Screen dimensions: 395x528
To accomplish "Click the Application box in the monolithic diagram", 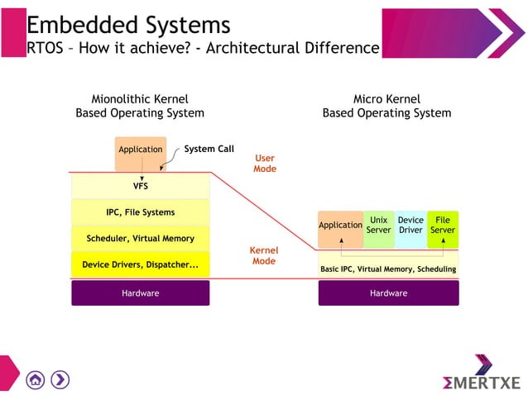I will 140,150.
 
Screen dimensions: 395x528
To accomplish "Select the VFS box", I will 140,186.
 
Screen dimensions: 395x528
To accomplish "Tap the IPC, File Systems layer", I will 140,212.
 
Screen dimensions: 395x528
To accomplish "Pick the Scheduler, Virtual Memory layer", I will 140,239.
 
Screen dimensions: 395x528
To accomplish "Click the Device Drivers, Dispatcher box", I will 140,265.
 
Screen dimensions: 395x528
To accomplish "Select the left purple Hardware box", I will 140,293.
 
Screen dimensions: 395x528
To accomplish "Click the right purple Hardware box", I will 388,293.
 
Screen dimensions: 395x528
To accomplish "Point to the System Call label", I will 209,150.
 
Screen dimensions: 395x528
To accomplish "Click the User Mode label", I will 264,164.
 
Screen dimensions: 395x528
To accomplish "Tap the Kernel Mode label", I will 264,255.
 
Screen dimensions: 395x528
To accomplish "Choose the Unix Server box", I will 378,226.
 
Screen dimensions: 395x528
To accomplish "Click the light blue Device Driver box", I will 410,226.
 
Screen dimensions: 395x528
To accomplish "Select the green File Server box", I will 443,226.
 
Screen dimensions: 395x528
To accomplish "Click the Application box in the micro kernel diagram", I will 340,226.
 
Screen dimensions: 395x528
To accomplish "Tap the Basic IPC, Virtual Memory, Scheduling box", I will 388,269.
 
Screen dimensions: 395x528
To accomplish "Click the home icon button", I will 35,379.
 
